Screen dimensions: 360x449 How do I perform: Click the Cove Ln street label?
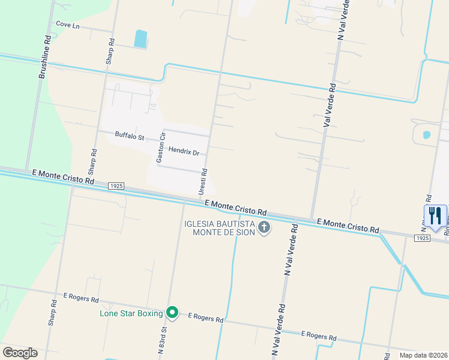(x=67, y=25)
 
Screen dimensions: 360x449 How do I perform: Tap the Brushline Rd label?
(x=44, y=56)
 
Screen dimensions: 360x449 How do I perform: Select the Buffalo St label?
(x=130, y=136)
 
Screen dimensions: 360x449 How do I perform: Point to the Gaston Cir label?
(x=160, y=147)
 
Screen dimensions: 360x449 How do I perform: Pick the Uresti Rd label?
(x=203, y=181)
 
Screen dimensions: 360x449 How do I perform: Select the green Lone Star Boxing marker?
(x=172, y=313)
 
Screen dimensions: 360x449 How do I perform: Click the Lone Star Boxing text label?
(x=131, y=313)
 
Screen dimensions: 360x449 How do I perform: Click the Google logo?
(x=20, y=352)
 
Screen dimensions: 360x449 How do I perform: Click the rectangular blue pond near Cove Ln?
(x=140, y=39)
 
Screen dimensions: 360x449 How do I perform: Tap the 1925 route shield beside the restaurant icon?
(x=422, y=238)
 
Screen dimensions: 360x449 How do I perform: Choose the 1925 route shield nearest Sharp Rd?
(x=116, y=186)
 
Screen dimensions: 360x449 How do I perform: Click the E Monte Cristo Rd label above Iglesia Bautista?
(x=235, y=208)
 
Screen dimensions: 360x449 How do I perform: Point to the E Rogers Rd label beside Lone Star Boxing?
(x=205, y=317)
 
